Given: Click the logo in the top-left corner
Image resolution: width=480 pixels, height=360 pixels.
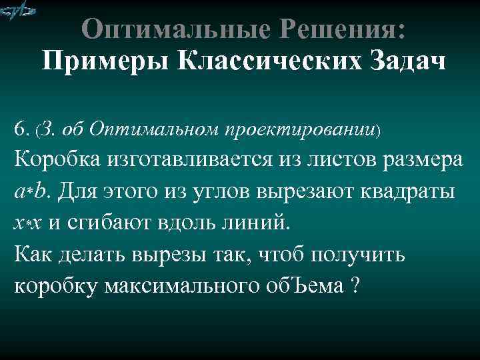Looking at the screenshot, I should coord(18,11).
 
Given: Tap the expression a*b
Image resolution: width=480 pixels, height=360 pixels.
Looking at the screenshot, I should coord(31,192).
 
